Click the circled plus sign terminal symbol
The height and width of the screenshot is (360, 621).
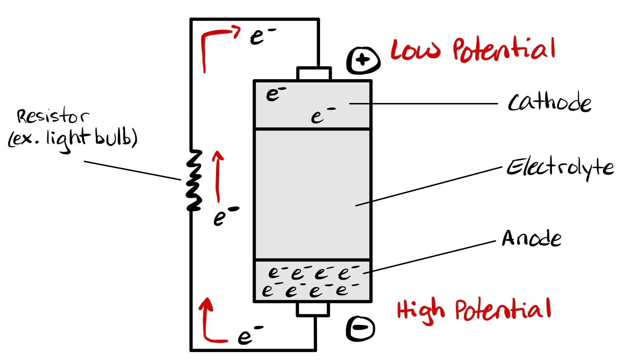click(363, 60)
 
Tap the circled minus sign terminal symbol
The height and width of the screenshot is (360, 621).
click(361, 328)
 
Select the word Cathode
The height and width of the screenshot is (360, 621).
click(549, 103)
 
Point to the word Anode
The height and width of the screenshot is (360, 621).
click(531, 239)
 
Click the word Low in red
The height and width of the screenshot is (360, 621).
click(415, 50)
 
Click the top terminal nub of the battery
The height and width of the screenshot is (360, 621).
click(314, 74)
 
